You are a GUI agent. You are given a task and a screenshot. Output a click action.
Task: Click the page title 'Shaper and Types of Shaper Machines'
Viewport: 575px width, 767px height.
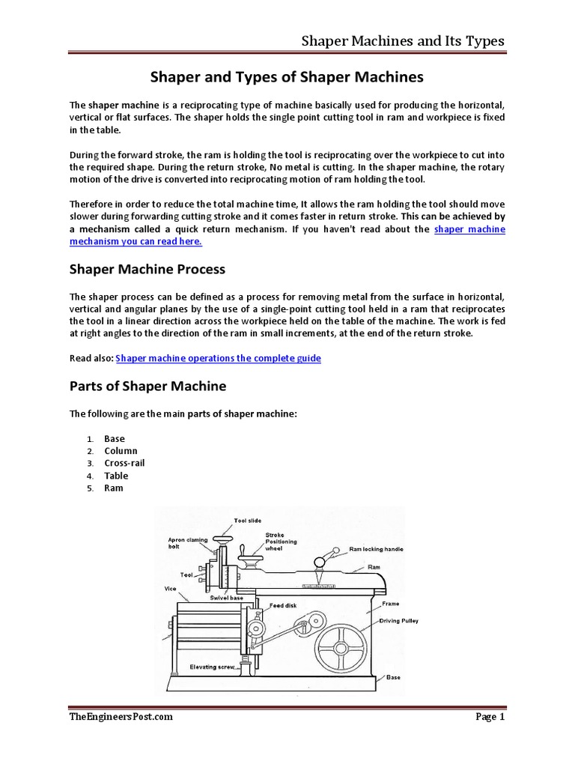(287, 77)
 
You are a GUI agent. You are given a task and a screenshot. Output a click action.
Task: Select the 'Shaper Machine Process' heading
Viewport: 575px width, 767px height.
(147, 268)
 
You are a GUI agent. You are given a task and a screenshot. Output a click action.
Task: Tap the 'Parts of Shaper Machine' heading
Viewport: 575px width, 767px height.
(147, 386)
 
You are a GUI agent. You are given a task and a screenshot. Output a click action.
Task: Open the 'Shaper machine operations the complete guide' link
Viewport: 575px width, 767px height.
(219, 358)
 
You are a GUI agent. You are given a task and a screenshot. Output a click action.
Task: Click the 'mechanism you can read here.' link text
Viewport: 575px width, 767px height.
(136, 242)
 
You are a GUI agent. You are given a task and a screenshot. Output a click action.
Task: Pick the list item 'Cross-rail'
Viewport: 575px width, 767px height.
(125, 463)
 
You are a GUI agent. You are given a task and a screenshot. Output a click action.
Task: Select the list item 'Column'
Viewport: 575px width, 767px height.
(121, 451)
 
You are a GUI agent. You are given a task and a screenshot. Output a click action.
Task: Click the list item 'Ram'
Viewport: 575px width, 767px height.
(114, 488)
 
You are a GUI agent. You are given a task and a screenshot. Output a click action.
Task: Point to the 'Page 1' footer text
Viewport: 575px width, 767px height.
(490, 717)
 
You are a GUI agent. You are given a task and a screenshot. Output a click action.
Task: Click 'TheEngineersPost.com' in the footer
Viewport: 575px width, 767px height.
(121, 717)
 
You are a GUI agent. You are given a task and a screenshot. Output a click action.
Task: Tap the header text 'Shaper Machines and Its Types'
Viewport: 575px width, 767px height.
(402, 40)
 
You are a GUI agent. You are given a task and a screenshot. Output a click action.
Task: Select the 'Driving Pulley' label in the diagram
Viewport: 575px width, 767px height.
(398, 621)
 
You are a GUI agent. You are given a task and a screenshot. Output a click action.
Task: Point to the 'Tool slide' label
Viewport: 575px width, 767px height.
(248, 520)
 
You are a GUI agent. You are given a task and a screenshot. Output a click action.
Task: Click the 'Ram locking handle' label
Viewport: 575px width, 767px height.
(376, 549)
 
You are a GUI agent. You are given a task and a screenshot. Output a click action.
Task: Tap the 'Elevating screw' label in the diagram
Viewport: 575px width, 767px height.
(213, 667)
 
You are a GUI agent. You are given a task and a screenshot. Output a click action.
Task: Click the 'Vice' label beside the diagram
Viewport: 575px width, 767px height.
(170, 589)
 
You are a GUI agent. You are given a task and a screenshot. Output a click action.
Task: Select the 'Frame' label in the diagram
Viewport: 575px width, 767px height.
(390, 603)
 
